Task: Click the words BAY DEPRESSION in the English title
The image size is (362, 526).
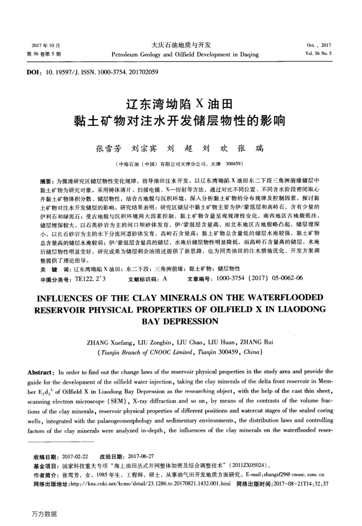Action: point(181,321)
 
